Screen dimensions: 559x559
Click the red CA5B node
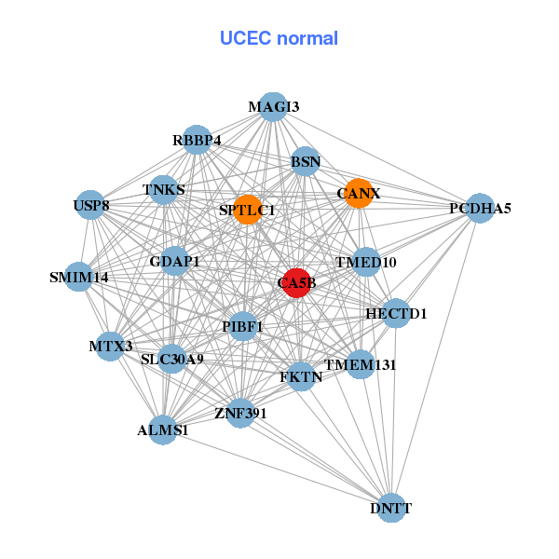coord(295,282)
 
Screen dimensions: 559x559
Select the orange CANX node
coord(359,193)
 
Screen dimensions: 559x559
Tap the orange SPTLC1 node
coord(247,210)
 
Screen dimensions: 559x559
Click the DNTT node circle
coord(391,508)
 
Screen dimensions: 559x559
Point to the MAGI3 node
coord(272,106)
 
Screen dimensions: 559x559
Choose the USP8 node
coord(90,205)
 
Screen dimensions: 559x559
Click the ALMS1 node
coord(164,429)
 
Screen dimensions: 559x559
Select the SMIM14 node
coord(79,277)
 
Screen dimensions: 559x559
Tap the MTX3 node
coord(111,346)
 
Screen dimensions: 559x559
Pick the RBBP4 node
coord(197,140)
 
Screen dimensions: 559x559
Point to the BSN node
coord(306,161)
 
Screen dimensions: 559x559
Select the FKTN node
coord(301,376)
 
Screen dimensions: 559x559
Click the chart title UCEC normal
coord(279,38)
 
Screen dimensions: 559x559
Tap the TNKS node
coord(164,190)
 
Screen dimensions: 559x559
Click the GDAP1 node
coord(175,261)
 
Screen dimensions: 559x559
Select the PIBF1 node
coord(242,326)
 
